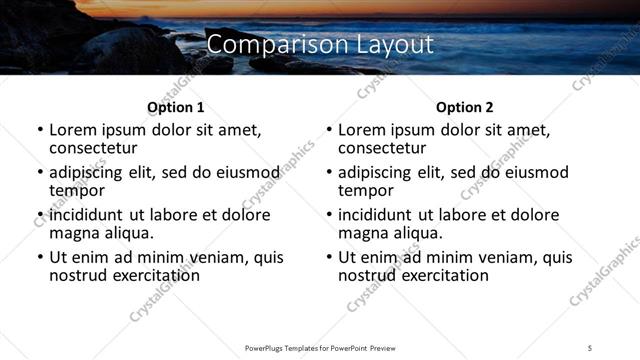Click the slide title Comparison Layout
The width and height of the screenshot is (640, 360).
coord(320,45)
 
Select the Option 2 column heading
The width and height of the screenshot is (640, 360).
coord(465,107)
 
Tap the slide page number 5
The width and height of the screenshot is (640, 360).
coord(589,347)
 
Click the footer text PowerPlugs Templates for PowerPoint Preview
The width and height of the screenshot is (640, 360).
coord(319,347)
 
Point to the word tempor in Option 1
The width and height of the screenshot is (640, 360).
coord(77,191)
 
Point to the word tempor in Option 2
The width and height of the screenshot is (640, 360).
coord(366,191)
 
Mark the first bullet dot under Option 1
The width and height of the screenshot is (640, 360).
coord(40,131)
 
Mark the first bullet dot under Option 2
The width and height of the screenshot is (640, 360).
coord(329,131)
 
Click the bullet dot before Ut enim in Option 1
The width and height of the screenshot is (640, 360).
coord(40,258)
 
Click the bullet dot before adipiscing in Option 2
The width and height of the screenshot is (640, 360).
coord(329,173)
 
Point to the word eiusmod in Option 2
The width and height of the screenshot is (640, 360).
coord(535,172)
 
